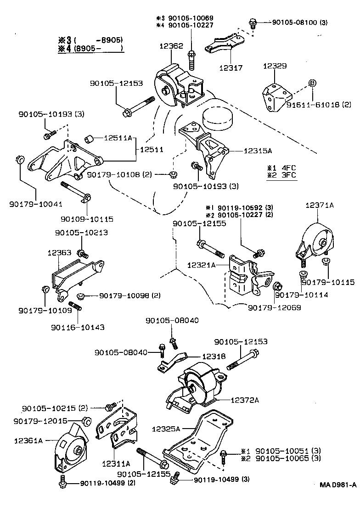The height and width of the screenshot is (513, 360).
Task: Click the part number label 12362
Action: pos(171,46)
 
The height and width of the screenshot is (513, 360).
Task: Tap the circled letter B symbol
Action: pos(312,83)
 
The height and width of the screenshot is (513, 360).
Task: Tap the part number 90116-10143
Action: pos(78,327)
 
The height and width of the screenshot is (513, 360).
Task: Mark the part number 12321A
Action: pos(202,265)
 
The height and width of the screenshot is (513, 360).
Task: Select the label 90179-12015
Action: pos(40,421)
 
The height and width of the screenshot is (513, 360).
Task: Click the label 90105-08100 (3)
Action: pos(299,22)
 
